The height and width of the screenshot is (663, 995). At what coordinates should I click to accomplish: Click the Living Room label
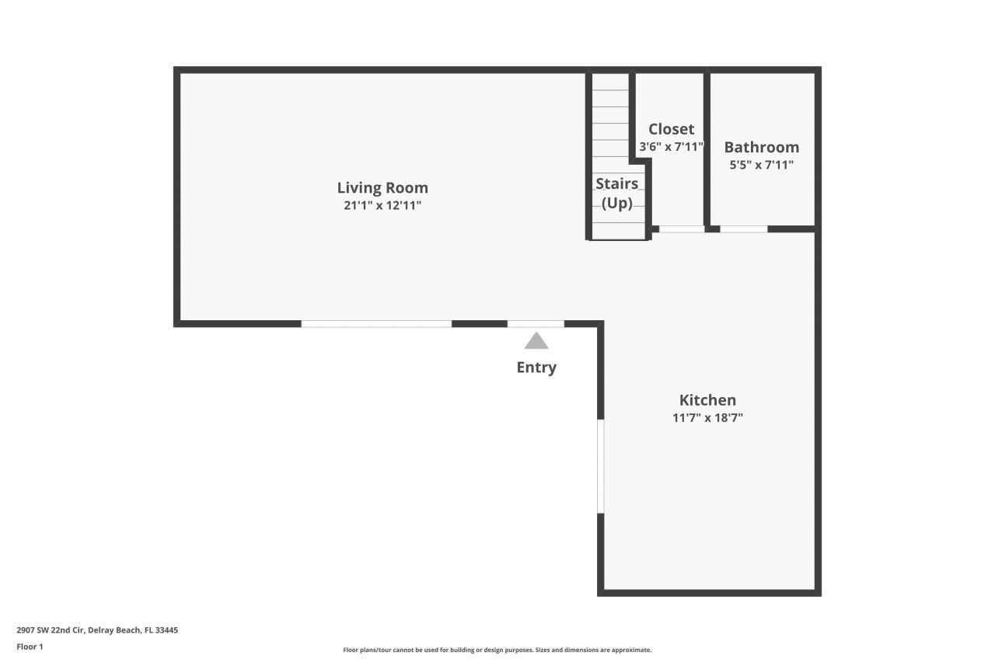[382, 187]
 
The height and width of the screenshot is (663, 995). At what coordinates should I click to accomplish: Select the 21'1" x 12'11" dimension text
[382, 206]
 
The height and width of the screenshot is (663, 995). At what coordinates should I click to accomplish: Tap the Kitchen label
[707, 400]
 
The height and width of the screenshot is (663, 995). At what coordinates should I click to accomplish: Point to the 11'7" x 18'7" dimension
[707, 418]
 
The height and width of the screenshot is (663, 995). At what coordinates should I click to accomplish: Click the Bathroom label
[761, 147]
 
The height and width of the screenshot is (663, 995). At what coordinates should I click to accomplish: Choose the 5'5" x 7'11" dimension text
[761, 165]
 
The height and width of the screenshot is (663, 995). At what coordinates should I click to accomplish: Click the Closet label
[671, 129]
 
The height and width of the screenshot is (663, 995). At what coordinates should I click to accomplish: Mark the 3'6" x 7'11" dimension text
[671, 146]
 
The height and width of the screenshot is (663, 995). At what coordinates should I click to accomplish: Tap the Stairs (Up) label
[617, 194]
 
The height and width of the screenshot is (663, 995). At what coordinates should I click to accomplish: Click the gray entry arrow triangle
[536, 341]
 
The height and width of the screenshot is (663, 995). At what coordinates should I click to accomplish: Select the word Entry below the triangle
[536, 368]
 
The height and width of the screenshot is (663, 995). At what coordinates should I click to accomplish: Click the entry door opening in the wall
[536, 323]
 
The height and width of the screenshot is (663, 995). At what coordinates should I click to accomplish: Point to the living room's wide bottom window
[376, 323]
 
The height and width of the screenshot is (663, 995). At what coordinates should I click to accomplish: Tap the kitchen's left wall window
[600, 466]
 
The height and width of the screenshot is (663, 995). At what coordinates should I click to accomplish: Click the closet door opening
[682, 229]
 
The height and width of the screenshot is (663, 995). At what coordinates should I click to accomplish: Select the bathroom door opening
[744, 229]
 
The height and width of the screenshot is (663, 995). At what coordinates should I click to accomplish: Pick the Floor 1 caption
[30, 647]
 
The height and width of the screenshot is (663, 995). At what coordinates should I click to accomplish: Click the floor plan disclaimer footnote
[497, 650]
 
